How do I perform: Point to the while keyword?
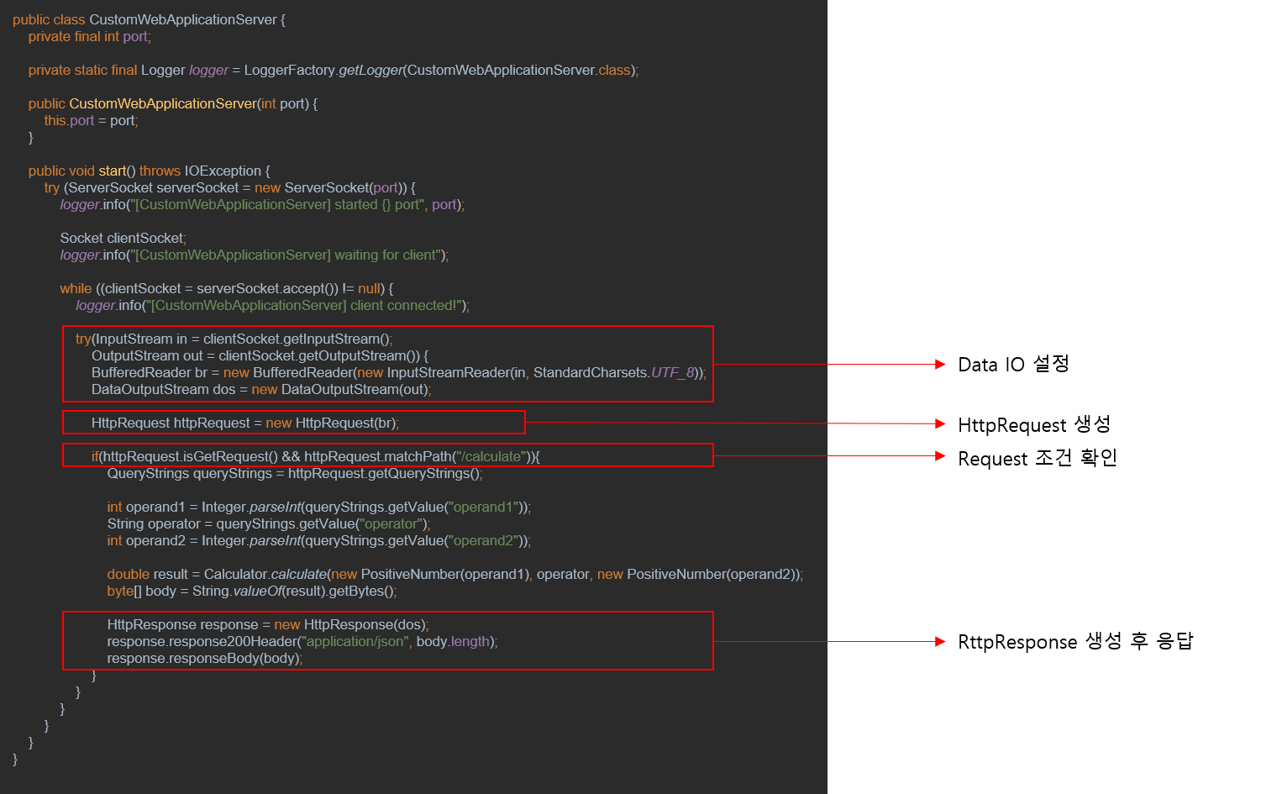point(76,289)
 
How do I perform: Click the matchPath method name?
point(418,457)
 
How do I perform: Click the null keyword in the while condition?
point(369,289)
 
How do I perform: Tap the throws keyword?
point(160,171)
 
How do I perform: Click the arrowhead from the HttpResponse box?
point(941,642)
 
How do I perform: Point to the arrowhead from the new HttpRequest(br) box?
point(941,424)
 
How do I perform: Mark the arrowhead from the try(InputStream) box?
point(941,365)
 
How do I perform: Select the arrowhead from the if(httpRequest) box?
point(941,456)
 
